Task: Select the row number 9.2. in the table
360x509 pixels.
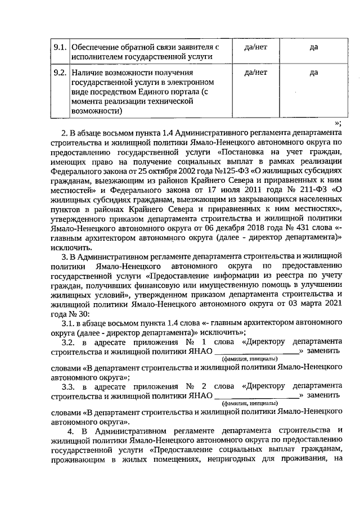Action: tap(60, 73)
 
